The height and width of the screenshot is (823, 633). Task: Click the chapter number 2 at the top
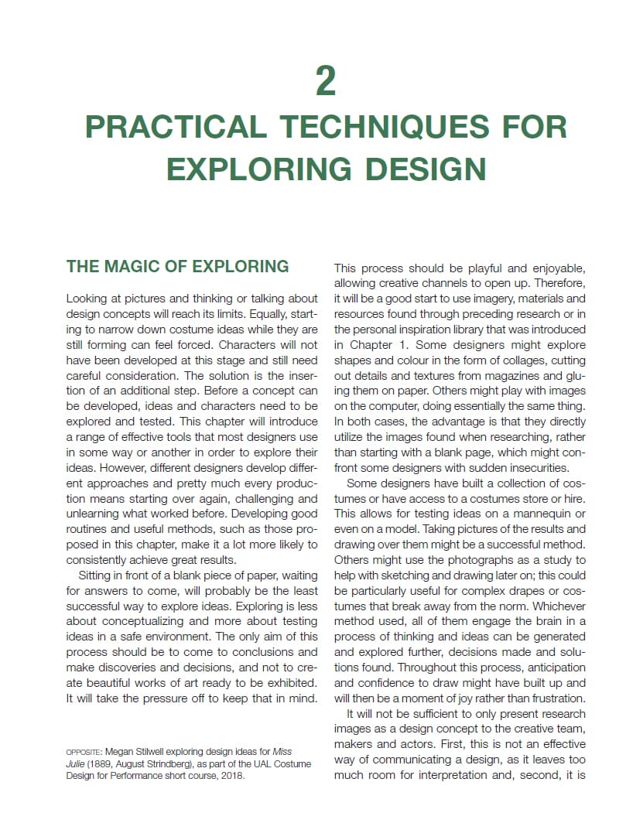point(326,81)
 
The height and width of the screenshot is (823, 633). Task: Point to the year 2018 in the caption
point(230,776)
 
